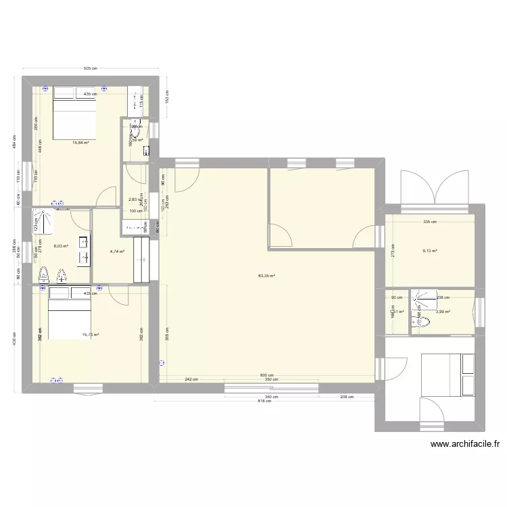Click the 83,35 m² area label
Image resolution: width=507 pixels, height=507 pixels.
[266, 276]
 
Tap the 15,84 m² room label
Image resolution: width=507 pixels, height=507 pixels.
[81, 143]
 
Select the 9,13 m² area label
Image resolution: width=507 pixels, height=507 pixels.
[430, 251]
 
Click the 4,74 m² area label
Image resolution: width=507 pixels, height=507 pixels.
[117, 251]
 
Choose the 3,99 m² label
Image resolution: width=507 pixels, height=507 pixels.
[443, 312]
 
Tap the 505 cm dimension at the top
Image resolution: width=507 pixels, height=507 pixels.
[90, 68]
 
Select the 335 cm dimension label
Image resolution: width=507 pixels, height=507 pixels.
[430, 221]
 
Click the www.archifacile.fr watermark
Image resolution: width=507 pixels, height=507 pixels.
[464, 444]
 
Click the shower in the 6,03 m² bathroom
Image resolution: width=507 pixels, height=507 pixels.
[45, 220]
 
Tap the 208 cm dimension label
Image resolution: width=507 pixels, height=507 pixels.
[346, 397]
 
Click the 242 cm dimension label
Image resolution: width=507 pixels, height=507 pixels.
[192, 379]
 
